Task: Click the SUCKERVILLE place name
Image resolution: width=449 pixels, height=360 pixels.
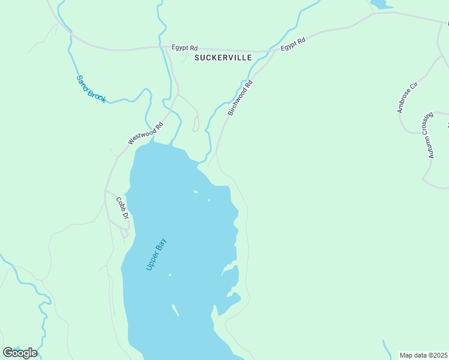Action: [x=223, y=58]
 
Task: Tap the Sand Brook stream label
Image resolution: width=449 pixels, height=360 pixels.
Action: [x=91, y=88]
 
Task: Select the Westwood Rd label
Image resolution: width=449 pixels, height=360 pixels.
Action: [x=145, y=134]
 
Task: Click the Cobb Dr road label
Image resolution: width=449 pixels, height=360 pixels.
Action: [x=122, y=208]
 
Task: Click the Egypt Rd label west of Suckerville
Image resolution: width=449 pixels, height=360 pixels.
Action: [x=184, y=47]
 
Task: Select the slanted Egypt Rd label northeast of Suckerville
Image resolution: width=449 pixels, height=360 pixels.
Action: [x=293, y=44]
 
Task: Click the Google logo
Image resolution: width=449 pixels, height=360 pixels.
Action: [x=20, y=352]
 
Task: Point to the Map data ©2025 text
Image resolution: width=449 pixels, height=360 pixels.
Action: [x=423, y=355]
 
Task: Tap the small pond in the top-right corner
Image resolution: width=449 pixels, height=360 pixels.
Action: [x=379, y=4]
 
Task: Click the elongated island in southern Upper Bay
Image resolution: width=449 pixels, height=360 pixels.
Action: [x=175, y=310]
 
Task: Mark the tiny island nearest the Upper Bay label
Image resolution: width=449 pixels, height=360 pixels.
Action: [x=170, y=275]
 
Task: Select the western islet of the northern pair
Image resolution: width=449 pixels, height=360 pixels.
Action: [x=196, y=192]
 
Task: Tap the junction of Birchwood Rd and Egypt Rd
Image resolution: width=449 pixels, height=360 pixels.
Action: [x=274, y=52]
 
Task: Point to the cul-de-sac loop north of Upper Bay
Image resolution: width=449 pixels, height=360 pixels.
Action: [x=196, y=128]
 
